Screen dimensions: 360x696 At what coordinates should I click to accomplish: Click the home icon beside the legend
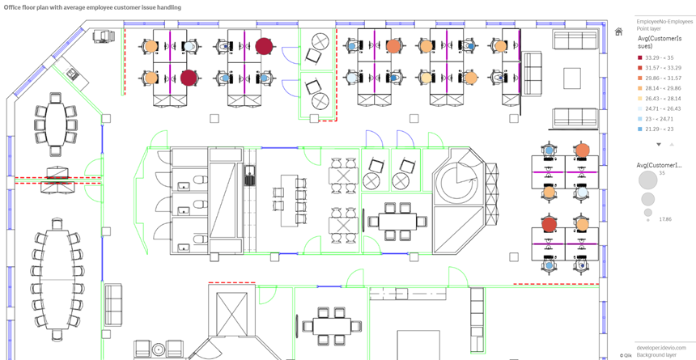pos(619,32)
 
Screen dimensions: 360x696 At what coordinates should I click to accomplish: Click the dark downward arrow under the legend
pos(659,145)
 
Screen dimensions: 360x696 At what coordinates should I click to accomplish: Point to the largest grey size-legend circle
pos(647,180)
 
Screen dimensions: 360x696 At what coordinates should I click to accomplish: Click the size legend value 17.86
pos(664,219)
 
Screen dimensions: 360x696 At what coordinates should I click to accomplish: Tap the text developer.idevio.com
pos(660,348)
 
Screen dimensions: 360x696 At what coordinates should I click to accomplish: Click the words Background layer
pos(656,355)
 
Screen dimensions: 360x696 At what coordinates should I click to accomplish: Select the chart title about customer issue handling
pos(93,7)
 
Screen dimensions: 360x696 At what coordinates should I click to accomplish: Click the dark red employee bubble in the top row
pos(264,46)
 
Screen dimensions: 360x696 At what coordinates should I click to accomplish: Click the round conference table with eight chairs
pos(55,123)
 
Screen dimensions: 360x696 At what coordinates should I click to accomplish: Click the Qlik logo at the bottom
pos(626,355)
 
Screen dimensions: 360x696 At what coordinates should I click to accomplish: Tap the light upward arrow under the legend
pos(672,145)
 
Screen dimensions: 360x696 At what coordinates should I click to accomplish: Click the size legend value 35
pos(662,173)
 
